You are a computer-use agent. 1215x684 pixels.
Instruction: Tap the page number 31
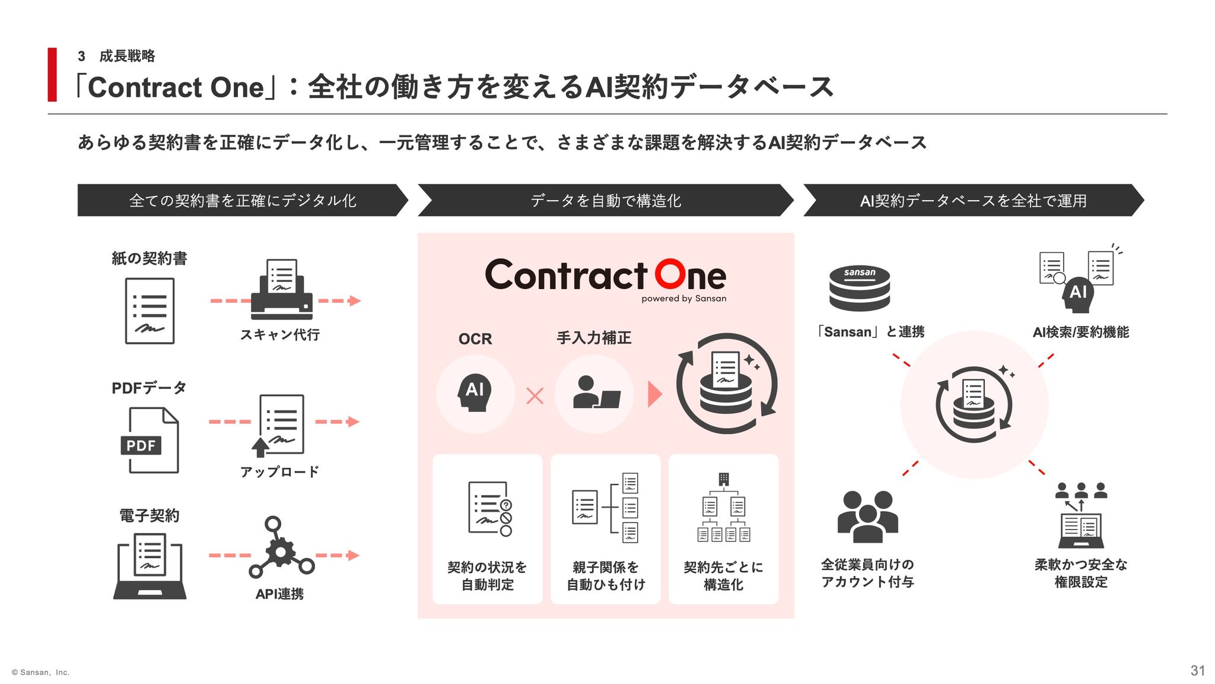tap(1198, 670)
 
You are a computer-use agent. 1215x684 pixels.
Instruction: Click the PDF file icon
tap(150, 440)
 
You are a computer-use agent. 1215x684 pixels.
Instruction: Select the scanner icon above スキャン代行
tap(282, 289)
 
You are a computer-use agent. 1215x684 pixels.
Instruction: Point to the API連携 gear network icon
tap(281, 547)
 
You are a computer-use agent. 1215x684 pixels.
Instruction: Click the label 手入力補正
tap(594, 338)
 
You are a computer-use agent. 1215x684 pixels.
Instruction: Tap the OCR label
tap(475, 339)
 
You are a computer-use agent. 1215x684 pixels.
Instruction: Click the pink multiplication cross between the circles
tap(535, 396)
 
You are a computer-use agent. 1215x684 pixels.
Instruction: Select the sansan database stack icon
tap(860, 289)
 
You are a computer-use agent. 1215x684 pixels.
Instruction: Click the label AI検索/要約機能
tap(1080, 332)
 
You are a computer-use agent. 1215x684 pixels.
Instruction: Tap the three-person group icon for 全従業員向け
tap(867, 517)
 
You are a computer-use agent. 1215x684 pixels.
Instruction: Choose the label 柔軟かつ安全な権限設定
tap(1081, 573)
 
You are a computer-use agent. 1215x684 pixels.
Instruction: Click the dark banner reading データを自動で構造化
tap(606, 200)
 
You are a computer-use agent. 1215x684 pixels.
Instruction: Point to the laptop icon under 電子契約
tap(150, 566)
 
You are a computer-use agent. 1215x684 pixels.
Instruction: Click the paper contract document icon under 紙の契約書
tap(150, 311)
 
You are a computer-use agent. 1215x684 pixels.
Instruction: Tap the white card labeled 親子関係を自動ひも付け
tap(606, 529)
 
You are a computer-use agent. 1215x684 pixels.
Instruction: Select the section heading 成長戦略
tap(127, 56)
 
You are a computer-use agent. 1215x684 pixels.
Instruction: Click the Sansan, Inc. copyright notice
tap(40, 672)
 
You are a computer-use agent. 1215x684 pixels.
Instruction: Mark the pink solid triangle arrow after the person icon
tap(655, 394)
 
